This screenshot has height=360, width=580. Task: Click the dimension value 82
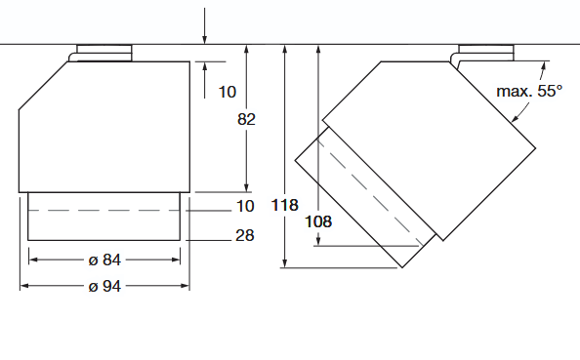[246, 119]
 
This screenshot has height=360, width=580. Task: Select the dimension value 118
[284, 205]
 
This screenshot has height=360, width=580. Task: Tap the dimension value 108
[318, 221]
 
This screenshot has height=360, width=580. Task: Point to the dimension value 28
[245, 235]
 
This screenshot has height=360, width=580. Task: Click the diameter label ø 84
[104, 260]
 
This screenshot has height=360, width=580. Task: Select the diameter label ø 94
[104, 286]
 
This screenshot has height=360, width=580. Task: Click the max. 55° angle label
[529, 91]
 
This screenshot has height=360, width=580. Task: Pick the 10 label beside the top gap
[228, 92]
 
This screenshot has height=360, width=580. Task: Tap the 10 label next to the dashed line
[245, 206]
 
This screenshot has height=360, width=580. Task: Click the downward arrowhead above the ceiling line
[204, 40]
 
